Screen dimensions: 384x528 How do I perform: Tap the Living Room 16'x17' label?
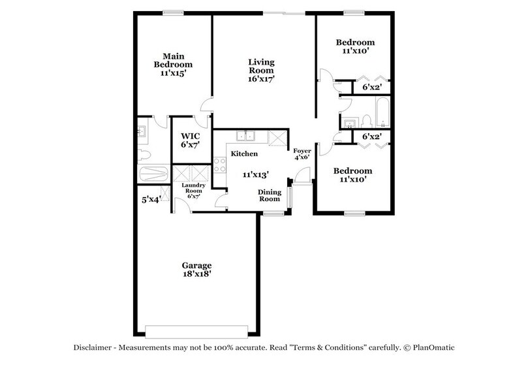pyautogui.click(x=260, y=71)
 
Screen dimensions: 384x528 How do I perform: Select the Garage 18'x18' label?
pyautogui.click(x=196, y=270)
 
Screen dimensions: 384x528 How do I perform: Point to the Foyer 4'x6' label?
pyautogui.click(x=302, y=154)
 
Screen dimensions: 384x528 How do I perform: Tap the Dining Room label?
pyautogui.click(x=269, y=196)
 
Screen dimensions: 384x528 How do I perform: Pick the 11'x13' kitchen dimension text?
pyautogui.click(x=256, y=174)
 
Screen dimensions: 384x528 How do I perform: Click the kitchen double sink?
pyautogui.click(x=246, y=137)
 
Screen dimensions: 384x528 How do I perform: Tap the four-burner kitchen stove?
pyautogui.click(x=219, y=165)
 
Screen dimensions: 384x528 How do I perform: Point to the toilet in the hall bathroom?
pyautogui.click(x=365, y=120)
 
